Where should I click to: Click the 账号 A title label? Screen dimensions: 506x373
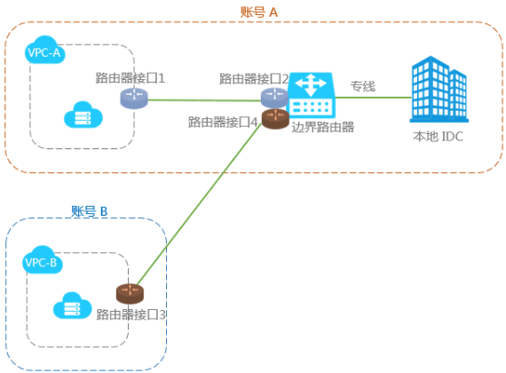[259, 12]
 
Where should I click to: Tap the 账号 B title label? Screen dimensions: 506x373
[89, 211]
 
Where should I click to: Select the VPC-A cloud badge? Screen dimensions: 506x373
[45, 50]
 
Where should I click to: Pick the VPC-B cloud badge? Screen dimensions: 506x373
[43, 259]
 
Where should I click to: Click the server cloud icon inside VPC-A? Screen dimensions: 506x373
[83, 115]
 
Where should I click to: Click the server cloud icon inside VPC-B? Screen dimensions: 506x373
[72, 306]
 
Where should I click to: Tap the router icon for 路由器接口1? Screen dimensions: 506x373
[134, 99]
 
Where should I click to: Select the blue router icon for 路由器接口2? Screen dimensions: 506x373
[274, 97]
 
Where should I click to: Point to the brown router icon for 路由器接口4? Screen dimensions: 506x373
[275, 119]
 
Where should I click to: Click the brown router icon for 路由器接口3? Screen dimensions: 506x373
[130, 294]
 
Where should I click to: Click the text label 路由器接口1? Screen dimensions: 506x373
[130, 78]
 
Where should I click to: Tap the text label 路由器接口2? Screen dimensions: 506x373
[254, 79]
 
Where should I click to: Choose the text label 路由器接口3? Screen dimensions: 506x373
[131, 314]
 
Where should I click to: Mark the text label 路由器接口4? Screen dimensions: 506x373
[223, 122]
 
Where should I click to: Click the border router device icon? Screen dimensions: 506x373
[312, 95]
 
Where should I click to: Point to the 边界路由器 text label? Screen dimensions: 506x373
[323, 127]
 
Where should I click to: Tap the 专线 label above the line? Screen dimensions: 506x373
[363, 86]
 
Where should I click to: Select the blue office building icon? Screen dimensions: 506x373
[439, 89]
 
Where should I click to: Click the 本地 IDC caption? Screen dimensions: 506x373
[439, 137]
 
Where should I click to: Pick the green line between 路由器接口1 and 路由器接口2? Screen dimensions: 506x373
[204, 100]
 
